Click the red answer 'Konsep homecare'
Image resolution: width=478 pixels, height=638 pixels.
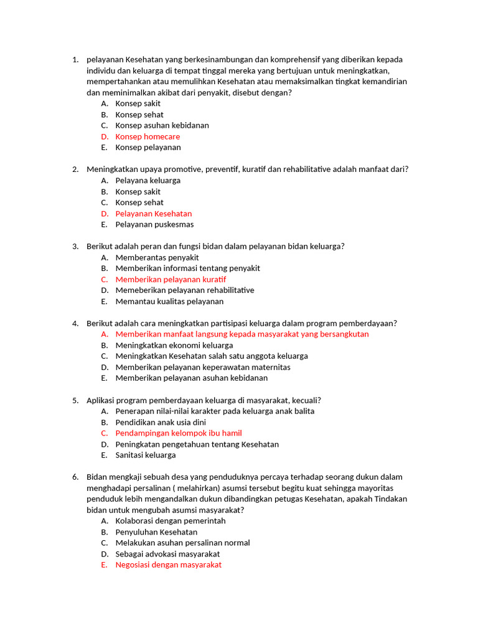click(x=148, y=136)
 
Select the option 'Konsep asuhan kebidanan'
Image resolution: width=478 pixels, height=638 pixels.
click(x=162, y=125)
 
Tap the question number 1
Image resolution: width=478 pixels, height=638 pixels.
click(x=75, y=60)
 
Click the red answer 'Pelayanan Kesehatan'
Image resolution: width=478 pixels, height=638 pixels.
click(x=153, y=214)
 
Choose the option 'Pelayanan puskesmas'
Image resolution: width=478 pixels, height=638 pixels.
click(x=154, y=224)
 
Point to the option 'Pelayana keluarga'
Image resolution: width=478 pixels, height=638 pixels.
click(x=148, y=181)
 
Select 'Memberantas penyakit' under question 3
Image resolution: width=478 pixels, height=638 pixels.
click(x=157, y=257)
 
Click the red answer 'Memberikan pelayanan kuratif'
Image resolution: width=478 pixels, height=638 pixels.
click(x=171, y=279)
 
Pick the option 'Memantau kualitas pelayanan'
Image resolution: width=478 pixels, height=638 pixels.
click(x=169, y=302)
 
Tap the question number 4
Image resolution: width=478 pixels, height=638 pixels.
click(x=75, y=323)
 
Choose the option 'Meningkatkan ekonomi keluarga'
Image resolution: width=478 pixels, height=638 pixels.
click(x=174, y=345)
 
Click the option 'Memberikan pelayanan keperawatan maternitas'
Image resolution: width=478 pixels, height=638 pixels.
click(x=203, y=367)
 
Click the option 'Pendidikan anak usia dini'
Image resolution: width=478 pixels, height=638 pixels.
click(x=161, y=422)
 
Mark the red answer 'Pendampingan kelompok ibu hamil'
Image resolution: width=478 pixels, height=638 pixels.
click(x=179, y=433)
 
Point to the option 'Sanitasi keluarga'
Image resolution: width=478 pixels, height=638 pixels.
click(x=146, y=455)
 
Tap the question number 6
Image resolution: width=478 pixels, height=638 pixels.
click(x=75, y=477)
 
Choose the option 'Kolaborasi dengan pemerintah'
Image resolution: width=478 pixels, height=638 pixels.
click(x=171, y=521)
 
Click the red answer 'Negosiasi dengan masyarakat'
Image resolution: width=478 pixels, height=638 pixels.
click(x=168, y=565)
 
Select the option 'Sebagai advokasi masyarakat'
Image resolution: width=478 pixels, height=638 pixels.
click(x=167, y=554)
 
